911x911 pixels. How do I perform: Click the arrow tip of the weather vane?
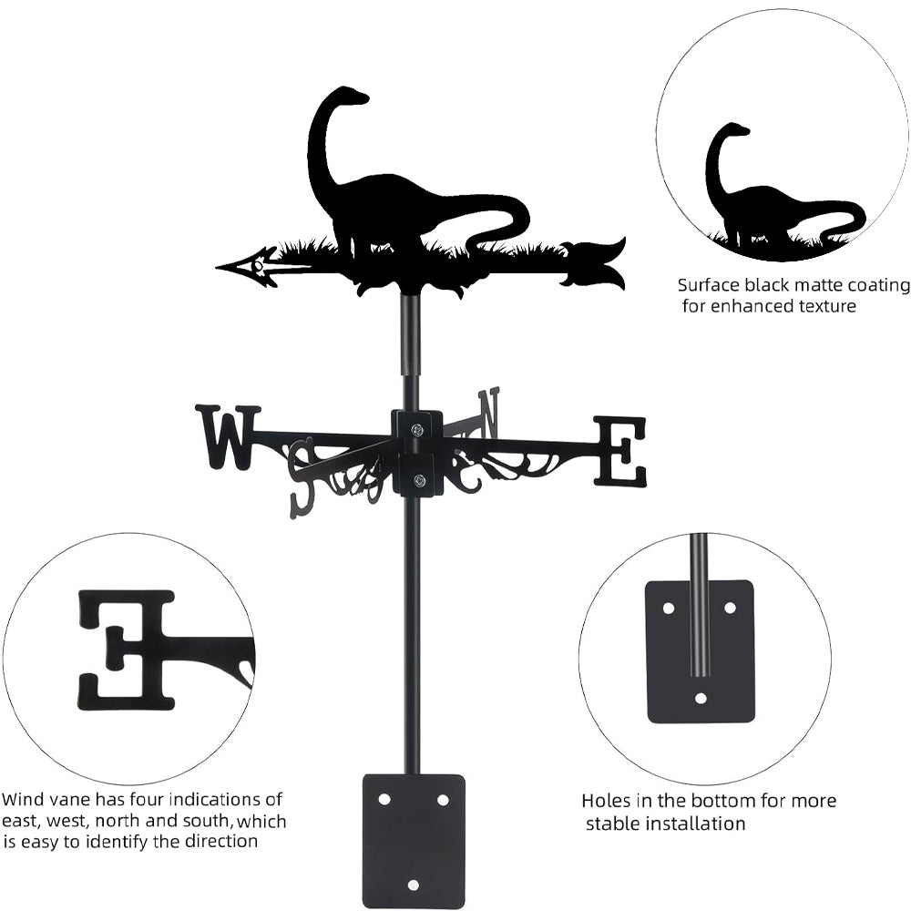tap(216, 268)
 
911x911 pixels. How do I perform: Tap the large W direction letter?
tap(227, 437)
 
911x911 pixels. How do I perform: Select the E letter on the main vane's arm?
tap(619, 451)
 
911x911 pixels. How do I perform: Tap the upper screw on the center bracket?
tap(417, 429)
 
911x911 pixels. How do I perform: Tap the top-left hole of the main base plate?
tap(384, 800)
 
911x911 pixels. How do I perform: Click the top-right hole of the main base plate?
tap(443, 800)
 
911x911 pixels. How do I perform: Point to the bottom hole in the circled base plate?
tap(701, 699)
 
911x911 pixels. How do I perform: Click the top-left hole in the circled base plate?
tap(669, 609)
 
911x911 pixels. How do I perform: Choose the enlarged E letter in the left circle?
tap(127, 650)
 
